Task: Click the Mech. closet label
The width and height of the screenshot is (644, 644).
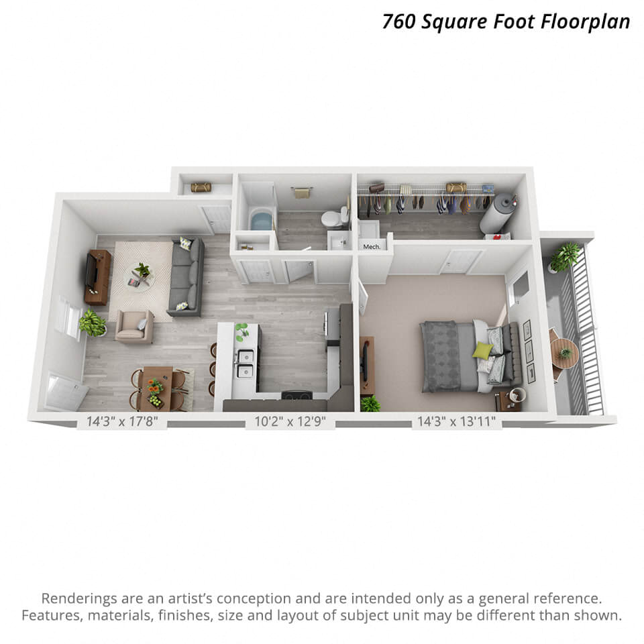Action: [x=372, y=247]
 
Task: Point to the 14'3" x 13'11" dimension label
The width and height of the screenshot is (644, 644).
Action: [x=457, y=422]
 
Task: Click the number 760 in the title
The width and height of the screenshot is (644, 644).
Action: [x=401, y=21]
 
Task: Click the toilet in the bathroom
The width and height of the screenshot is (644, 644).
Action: [x=331, y=218]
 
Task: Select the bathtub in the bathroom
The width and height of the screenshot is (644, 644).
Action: [x=260, y=220]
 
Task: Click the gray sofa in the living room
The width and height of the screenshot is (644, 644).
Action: [x=186, y=276]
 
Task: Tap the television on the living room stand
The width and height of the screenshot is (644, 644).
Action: [x=91, y=276]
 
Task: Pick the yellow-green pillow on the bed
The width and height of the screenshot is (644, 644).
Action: [x=482, y=350]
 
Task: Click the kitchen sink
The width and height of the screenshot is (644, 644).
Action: [x=245, y=362]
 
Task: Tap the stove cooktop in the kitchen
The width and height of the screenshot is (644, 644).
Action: [x=297, y=394]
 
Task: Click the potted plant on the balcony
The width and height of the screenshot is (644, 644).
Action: [x=566, y=255]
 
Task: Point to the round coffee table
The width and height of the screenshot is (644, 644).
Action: [x=142, y=278]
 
